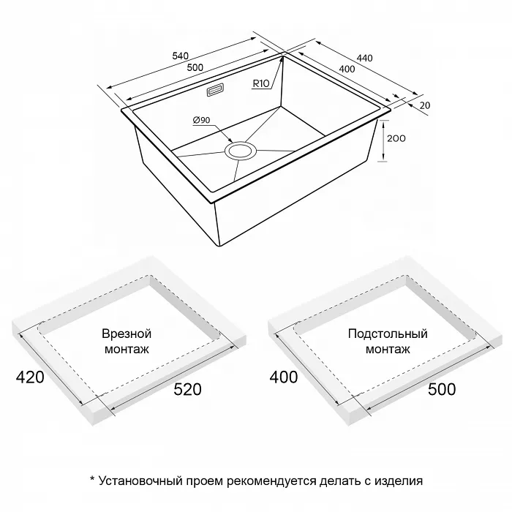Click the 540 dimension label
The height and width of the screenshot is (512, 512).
pos(180,56)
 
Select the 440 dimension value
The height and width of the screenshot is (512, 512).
pos(364,58)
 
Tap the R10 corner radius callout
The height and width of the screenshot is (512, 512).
pos(261,83)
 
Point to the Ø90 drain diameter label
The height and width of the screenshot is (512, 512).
pos(201,120)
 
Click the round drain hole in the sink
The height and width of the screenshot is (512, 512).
pos(241,151)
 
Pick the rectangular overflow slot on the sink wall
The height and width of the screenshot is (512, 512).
pos(215,90)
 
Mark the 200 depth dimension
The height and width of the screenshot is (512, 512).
pos(396,138)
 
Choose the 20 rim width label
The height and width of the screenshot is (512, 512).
pos(425,105)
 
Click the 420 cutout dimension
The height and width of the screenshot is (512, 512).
pos(30,377)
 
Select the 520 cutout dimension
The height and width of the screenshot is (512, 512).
pos(187,389)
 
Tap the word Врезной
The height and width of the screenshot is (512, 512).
pos(127,334)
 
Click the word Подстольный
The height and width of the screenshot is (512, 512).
pos(388,334)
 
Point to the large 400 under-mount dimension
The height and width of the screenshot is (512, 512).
pos(284,377)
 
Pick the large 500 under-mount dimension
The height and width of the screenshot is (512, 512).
pos(442,389)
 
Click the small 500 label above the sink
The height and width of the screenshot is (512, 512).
pos(195,67)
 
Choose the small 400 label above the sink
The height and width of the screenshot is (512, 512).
pos(347,69)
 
